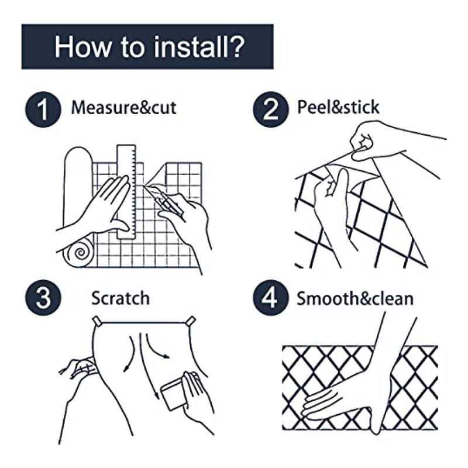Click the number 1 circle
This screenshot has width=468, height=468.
point(42,109)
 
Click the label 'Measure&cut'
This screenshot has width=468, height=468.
point(123,108)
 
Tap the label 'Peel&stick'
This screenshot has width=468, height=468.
point(338,108)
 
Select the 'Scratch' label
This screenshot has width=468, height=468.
point(120,298)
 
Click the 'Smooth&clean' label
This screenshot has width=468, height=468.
point(355,298)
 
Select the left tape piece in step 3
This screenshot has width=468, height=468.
point(97,321)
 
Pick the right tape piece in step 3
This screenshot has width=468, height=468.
point(190,320)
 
